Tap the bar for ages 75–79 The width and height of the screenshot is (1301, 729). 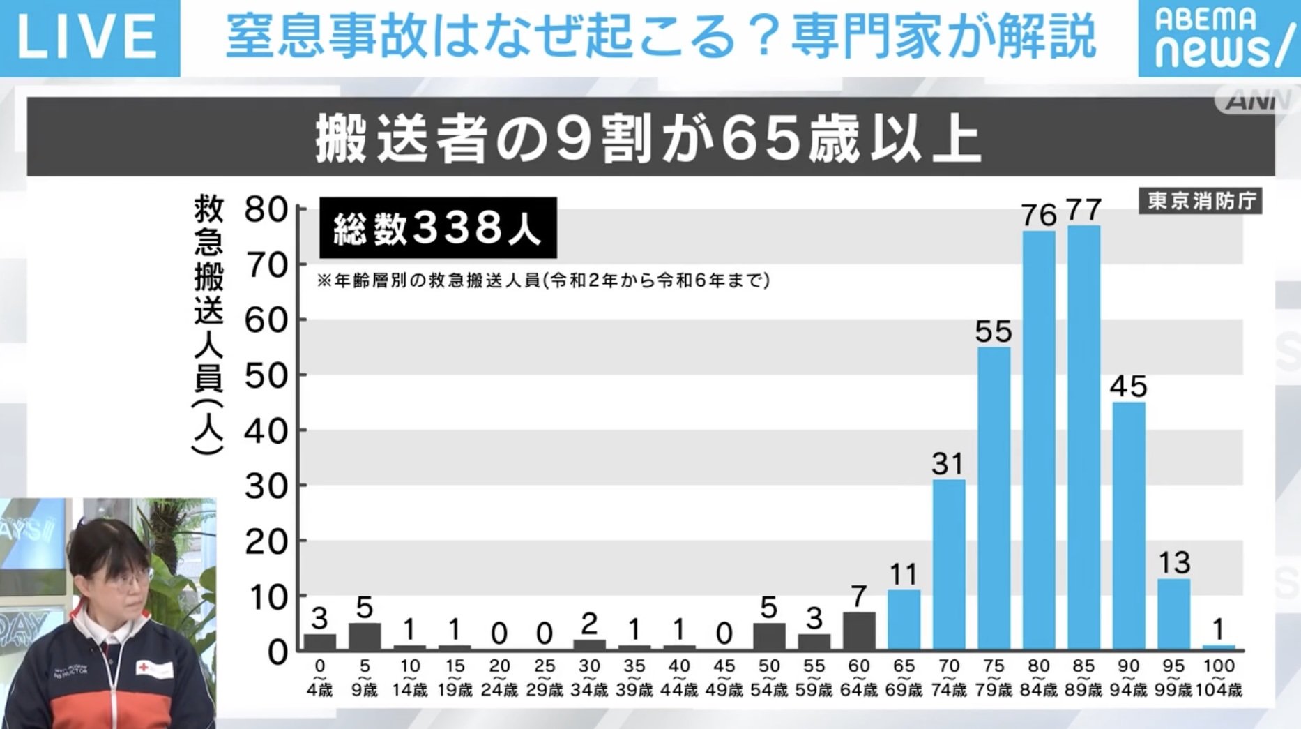(x=994, y=498)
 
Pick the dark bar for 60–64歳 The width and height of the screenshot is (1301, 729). (x=859, y=631)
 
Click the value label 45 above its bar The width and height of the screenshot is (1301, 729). (x=1128, y=386)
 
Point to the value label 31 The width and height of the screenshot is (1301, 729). (x=948, y=464)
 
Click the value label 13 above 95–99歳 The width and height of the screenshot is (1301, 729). (x=1174, y=563)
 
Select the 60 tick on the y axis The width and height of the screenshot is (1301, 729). (x=266, y=320)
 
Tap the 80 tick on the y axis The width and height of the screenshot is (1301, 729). (x=266, y=209)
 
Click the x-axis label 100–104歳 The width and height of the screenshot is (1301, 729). (x=1219, y=678)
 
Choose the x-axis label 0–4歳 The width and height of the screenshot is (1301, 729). (x=320, y=678)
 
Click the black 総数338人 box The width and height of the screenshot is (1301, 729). (x=438, y=228)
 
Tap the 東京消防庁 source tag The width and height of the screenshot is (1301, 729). (x=1201, y=201)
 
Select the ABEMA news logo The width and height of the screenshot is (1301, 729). (x=1218, y=38)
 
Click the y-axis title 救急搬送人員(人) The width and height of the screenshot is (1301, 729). (x=208, y=324)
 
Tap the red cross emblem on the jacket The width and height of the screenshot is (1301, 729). (x=144, y=668)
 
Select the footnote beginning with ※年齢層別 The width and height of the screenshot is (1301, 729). (x=543, y=280)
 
